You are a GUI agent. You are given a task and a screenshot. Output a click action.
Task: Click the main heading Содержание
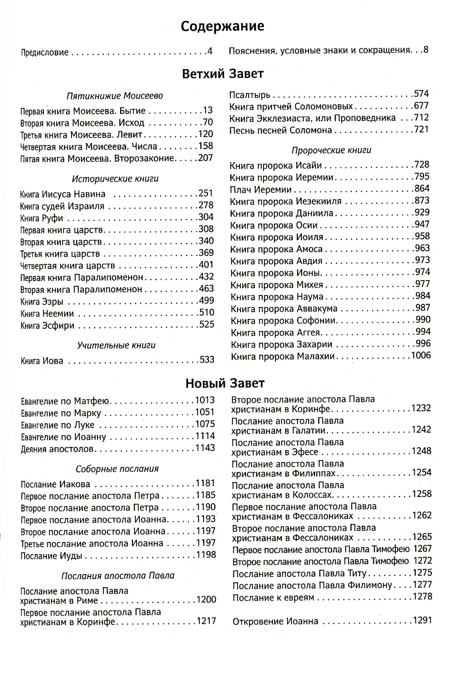coord(222,26)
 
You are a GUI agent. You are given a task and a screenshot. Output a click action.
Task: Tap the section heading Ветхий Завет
coord(223,73)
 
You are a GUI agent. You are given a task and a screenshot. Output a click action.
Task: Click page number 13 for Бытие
coord(207,110)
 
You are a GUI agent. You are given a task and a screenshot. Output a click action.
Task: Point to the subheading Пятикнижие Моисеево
coord(115,96)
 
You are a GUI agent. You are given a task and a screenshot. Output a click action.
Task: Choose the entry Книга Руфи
coord(42,218)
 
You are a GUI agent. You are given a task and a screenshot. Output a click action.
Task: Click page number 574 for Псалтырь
coord(421,94)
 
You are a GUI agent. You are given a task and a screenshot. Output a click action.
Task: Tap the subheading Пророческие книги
coord(331,150)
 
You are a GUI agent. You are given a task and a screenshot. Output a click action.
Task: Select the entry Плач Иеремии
coord(260,190)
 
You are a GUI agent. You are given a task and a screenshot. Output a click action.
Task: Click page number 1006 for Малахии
coord(421,355)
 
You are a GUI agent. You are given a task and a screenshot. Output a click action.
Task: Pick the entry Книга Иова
coord(42,361)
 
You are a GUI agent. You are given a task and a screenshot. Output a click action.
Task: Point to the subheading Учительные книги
coord(116,345)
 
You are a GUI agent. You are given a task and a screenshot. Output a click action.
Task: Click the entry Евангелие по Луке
coord(58,425)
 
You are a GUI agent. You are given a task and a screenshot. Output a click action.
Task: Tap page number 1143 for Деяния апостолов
coord(205,448)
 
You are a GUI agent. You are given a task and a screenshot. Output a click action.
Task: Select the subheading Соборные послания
coord(117,469)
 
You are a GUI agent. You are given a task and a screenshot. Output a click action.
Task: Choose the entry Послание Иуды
coord(52,556)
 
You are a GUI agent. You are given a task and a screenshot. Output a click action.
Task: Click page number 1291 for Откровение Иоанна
coord(422,620)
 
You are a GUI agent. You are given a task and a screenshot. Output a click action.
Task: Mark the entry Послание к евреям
coord(273,597)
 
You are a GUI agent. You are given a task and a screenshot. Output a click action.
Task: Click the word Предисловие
coord(45,52)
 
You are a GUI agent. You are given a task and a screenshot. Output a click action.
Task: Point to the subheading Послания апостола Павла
coord(118,575)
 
